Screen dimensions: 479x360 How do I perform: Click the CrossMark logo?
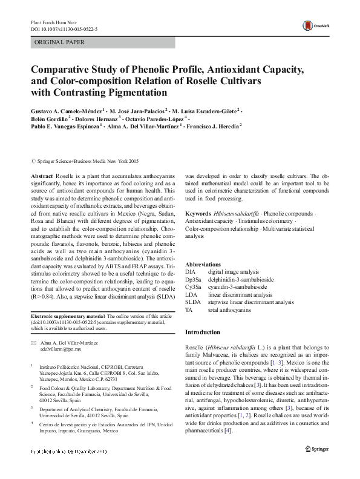(x=315, y=25)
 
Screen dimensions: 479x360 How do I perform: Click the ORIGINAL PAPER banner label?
(x=59, y=42)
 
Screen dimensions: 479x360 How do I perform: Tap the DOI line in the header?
(x=64, y=28)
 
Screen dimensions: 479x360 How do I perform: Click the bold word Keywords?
(x=198, y=214)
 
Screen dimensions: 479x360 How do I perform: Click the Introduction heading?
(x=204, y=332)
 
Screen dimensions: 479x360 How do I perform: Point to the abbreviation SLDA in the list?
(x=192, y=302)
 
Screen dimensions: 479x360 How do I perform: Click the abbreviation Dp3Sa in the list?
(x=194, y=280)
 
